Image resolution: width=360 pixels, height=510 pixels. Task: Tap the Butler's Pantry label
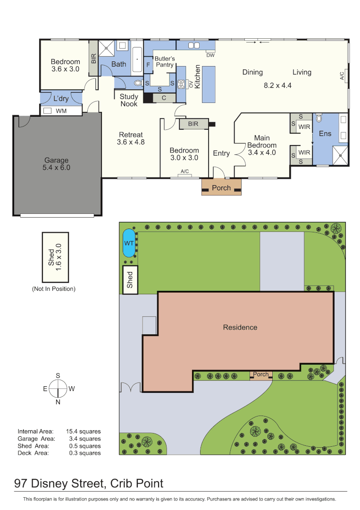pos(165,61)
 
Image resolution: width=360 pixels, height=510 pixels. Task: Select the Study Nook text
pos(129,100)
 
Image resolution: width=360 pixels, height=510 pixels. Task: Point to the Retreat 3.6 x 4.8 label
pos(131,138)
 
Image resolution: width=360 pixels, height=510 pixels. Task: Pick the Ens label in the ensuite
pos(325,134)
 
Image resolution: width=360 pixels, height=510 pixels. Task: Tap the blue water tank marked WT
pos(129,243)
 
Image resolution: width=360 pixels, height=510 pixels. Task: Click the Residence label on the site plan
pos(240,328)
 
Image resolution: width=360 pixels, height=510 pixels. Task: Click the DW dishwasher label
pos(210,55)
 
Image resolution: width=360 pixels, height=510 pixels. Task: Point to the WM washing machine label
pos(61,111)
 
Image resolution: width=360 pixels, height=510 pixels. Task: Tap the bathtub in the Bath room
pos(137,60)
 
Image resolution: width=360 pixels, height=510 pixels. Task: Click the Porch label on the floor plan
pos(221,187)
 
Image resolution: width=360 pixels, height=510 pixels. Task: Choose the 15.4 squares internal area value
pos(84,431)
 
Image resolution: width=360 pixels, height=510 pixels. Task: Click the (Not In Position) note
pos(54,289)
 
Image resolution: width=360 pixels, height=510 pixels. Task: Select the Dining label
pos(252,72)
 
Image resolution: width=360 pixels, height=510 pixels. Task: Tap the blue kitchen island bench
pos(209,84)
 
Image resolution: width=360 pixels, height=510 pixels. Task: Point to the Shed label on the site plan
pos(130,280)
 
